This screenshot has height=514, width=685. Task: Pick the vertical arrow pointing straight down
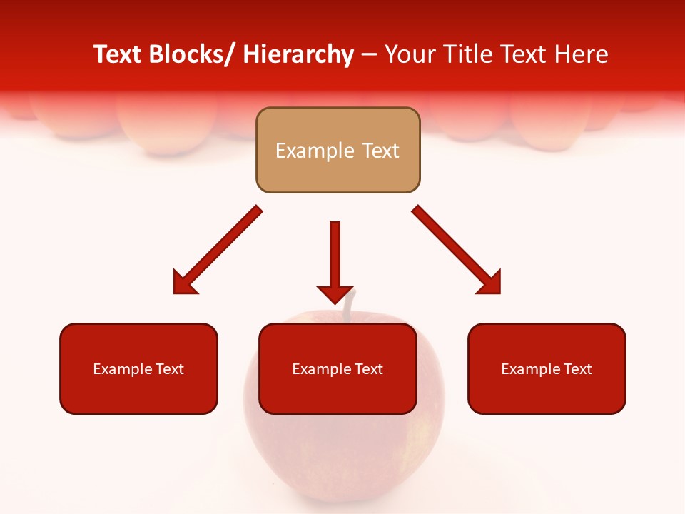[x=335, y=257]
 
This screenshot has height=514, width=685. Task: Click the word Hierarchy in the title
[x=298, y=54]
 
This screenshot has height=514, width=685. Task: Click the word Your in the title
[x=410, y=54]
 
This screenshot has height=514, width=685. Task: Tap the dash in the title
[x=369, y=55]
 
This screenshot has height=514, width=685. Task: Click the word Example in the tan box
[x=305, y=151]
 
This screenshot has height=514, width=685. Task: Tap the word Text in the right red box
[x=578, y=369]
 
